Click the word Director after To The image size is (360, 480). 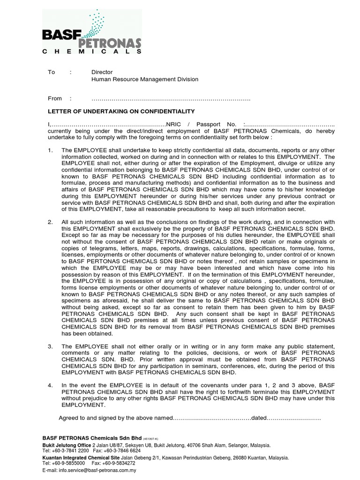102,72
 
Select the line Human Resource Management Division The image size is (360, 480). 144,79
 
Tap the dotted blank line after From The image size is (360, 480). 171,99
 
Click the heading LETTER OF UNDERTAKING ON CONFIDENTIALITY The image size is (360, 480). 122,112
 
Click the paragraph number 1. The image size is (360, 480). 51,150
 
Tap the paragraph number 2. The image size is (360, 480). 51,222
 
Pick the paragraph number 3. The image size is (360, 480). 51,345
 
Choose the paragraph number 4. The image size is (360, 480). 51,385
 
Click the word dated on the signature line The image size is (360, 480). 260,418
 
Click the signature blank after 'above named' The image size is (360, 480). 213,418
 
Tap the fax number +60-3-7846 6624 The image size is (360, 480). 113,450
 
